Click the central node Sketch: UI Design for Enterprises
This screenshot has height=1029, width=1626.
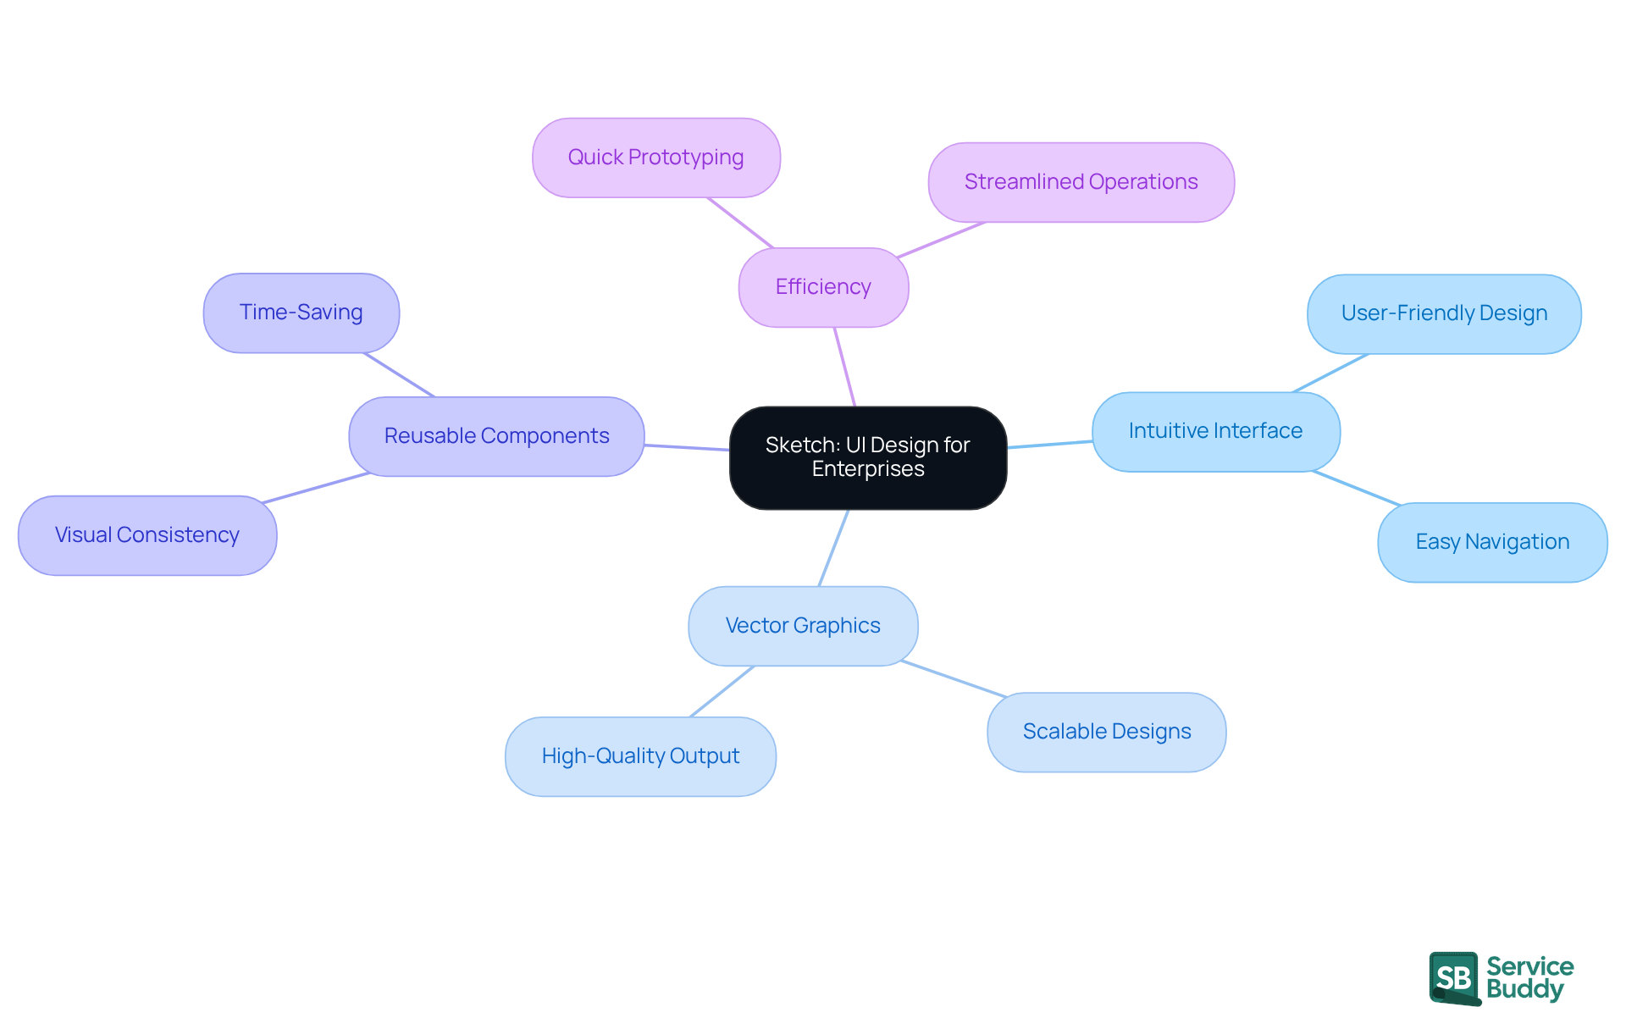(x=868, y=457)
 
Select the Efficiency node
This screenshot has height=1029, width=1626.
(x=823, y=287)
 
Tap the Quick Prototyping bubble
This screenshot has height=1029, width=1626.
(x=655, y=158)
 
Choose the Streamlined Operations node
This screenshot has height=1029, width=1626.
(x=1081, y=182)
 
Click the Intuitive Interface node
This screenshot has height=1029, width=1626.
(x=1215, y=431)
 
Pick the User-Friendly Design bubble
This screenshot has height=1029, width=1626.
(x=1444, y=313)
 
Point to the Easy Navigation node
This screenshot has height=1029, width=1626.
(x=1492, y=542)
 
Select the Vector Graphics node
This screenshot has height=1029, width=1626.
(x=803, y=626)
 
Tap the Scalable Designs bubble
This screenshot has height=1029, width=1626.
(x=1106, y=732)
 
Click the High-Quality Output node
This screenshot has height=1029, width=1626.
(x=640, y=756)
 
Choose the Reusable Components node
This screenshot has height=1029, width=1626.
(x=496, y=436)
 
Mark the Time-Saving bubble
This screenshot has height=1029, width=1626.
(x=301, y=313)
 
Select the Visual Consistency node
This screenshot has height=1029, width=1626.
(x=147, y=535)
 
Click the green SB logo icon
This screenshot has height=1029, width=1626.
(x=1454, y=978)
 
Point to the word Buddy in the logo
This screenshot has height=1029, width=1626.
(x=1524, y=989)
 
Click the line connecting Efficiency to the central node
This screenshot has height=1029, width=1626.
(x=844, y=367)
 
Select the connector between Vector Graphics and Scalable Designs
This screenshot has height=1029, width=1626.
(x=954, y=679)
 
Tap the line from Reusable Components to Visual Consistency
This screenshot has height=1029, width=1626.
(x=316, y=488)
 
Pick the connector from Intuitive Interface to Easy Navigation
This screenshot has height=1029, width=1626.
(x=1356, y=488)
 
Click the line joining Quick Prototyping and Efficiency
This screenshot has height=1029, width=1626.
(x=740, y=223)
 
